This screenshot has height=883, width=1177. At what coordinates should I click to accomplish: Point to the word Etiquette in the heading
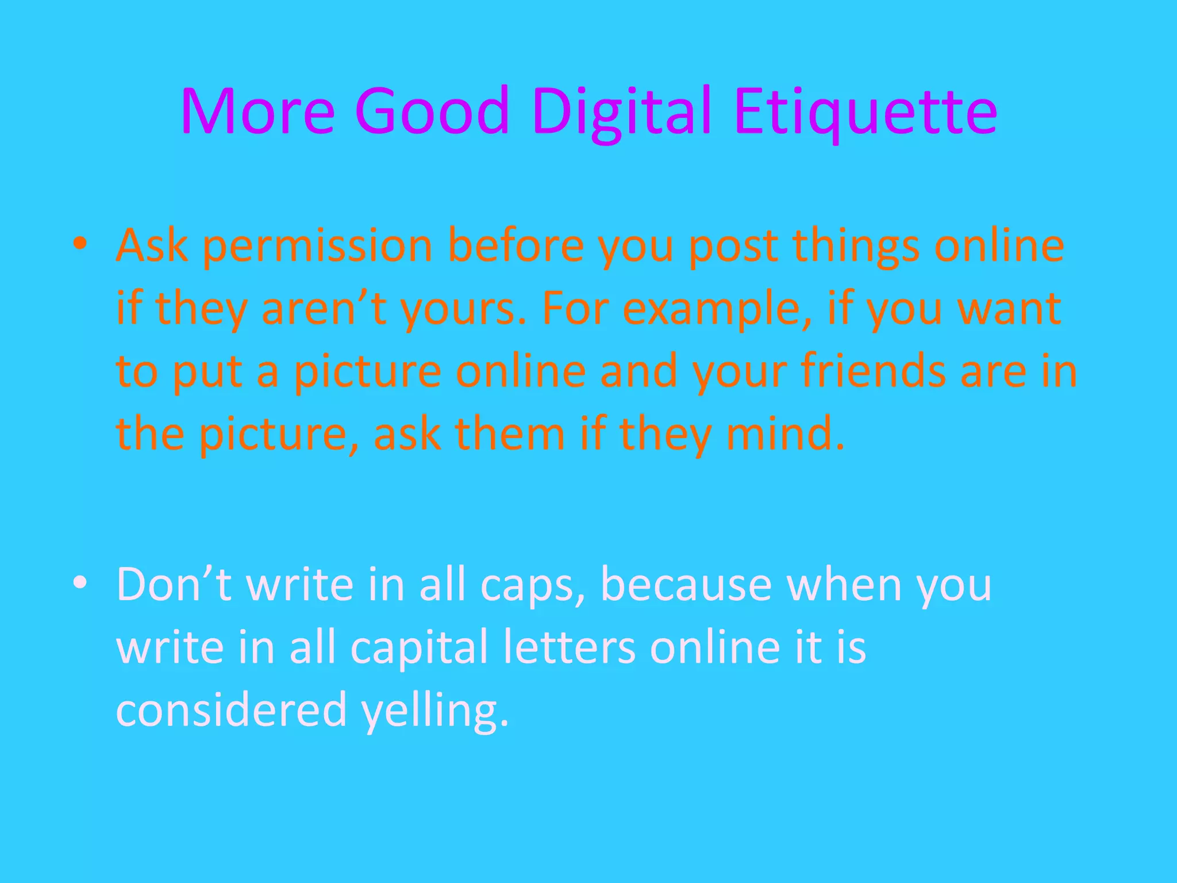coord(866,112)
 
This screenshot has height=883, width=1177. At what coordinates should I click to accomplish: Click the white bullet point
coord(80,582)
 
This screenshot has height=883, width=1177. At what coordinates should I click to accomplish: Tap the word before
coord(516,246)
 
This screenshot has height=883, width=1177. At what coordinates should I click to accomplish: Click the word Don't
coord(174,584)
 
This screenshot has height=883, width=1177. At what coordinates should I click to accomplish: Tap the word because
coord(686,584)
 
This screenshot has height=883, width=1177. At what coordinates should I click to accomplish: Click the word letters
coord(569,647)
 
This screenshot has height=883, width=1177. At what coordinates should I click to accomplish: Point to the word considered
coord(232,709)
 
